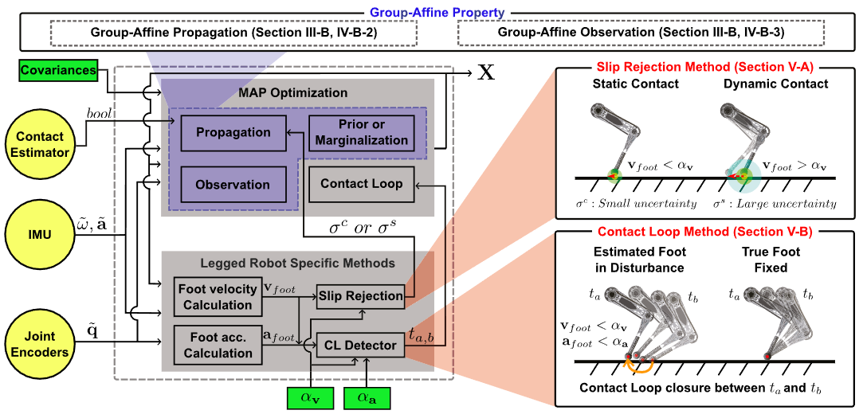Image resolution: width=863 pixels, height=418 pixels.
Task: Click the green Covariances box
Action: (58, 71)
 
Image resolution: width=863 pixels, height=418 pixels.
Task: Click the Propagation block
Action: (234, 132)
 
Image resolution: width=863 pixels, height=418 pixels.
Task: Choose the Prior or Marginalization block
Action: (361, 132)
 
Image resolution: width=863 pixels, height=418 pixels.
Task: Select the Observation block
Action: (234, 184)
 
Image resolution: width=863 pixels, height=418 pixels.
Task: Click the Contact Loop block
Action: (361, 184)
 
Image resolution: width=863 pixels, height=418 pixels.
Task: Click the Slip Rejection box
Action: (361, 296)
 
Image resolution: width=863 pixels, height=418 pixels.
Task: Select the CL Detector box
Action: (361, 346)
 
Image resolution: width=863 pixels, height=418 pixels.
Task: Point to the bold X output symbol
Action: (484, 72)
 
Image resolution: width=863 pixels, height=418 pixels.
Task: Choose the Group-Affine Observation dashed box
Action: (641, 33)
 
